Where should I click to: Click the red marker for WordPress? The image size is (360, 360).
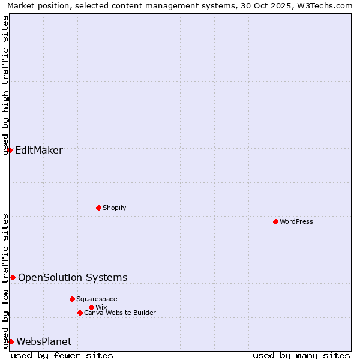(x=275, y=221)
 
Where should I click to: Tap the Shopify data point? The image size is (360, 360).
(x=99, y=208)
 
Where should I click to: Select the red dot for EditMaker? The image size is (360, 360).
(x=10, y=150)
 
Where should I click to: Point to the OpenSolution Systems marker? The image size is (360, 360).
(x=13, y=277)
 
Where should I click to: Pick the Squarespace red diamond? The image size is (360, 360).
(x=72, y=299)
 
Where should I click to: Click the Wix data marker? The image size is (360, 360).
(x=91, y=307)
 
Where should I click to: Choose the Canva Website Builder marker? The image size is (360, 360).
(x=80, y=313)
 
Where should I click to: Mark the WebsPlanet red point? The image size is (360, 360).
(x=11, y=341)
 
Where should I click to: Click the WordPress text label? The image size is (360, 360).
(x=296, y=221)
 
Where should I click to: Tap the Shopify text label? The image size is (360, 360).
(x=114, y=208)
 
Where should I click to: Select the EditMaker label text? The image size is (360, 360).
(x=38, y=150)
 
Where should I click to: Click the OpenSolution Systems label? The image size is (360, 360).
(x=73, y=277)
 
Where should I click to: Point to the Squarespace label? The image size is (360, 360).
(x=97, y=299)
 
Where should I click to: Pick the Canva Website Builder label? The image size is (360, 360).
(x=120, y=313)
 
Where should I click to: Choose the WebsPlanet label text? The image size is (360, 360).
(x=44, y=341)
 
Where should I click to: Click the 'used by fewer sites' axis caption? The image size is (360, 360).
(x=62, y=355)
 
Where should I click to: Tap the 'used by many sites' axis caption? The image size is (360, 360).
(x=301, y=355)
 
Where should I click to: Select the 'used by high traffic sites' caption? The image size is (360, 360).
(x=6, y=85)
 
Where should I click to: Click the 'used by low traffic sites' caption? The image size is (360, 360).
(x=6, y=281)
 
